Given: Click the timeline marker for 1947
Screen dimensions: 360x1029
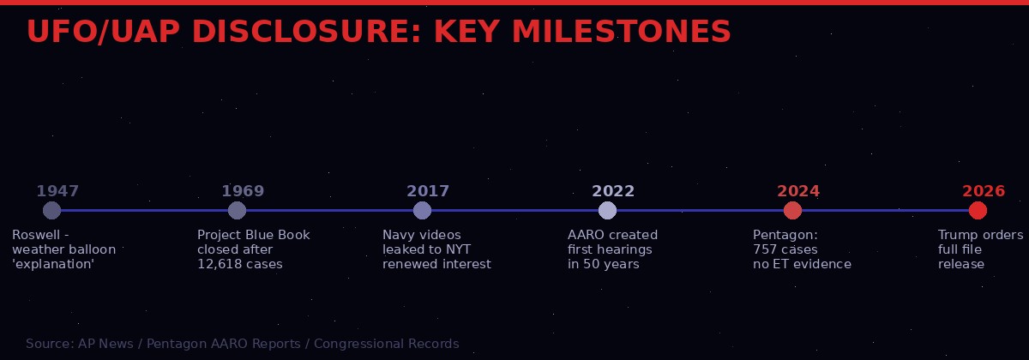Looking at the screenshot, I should tap(51, 210).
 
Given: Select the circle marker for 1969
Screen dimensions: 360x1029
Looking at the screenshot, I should tap(237, 210).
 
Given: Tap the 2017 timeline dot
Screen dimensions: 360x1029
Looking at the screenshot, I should tap(422, 210).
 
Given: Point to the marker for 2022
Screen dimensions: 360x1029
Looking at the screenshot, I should tap(607, 210).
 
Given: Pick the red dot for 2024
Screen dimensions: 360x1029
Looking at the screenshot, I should tap(792, 210).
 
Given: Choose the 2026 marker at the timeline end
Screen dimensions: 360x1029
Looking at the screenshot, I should tap(978, 210).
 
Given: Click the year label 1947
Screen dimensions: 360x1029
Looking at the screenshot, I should tap(57, 191).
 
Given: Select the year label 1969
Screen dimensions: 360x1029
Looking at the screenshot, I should tap(243, 191).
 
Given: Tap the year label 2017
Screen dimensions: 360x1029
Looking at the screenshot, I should tap(428, 191).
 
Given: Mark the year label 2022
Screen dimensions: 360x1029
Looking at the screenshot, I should tap(613, 191).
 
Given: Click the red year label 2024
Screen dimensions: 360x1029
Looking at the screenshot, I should tap(798, 191).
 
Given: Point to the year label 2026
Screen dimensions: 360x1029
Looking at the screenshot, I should tap(984, 191).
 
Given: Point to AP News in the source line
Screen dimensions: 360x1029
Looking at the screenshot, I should tap(105, 344).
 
